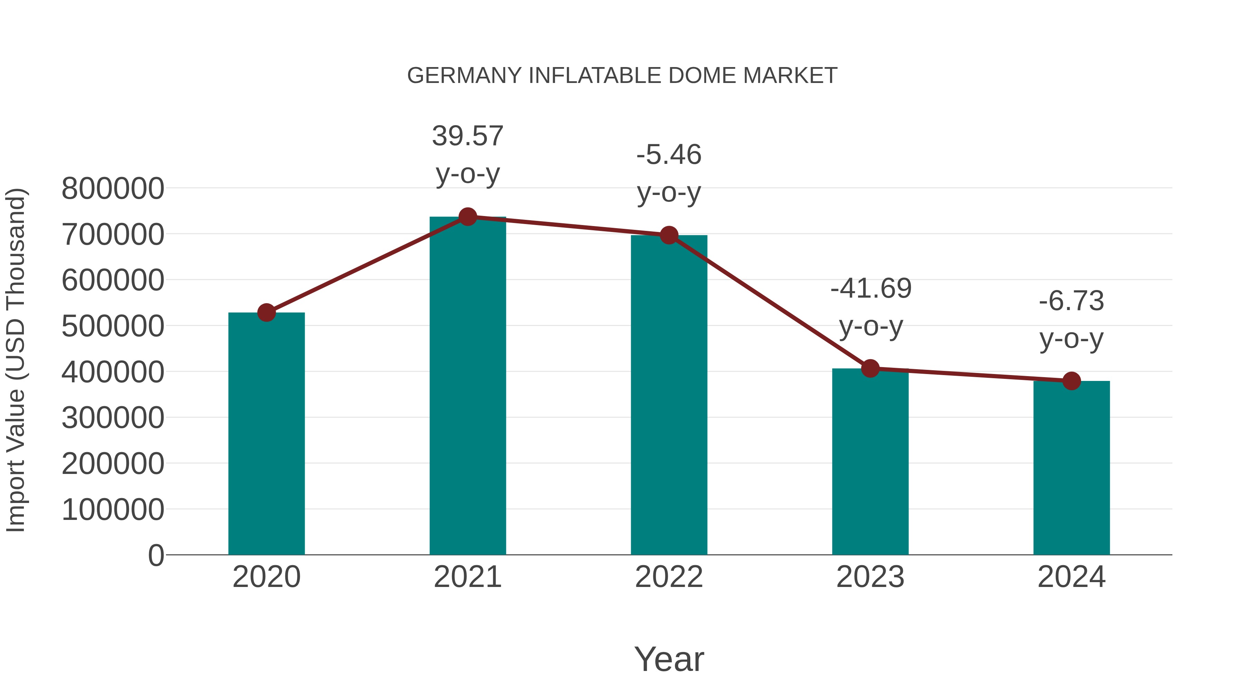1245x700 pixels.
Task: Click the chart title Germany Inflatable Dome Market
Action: click(622, 76)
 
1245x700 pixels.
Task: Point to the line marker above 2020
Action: click(266, 312)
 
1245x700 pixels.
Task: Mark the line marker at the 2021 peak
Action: click(467, 217)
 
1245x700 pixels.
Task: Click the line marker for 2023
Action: click(870, 368)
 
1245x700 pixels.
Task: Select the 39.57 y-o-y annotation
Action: click(467, 155)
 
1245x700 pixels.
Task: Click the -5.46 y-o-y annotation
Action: click(669, 174)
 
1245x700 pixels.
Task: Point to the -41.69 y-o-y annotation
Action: click(870, 307)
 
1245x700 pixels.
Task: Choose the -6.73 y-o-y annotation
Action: click(1071, 319)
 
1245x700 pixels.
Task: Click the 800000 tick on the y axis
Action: click(113, 188)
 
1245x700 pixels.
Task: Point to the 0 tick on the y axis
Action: click(156, 555)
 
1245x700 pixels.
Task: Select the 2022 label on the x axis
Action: click(669, 577)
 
